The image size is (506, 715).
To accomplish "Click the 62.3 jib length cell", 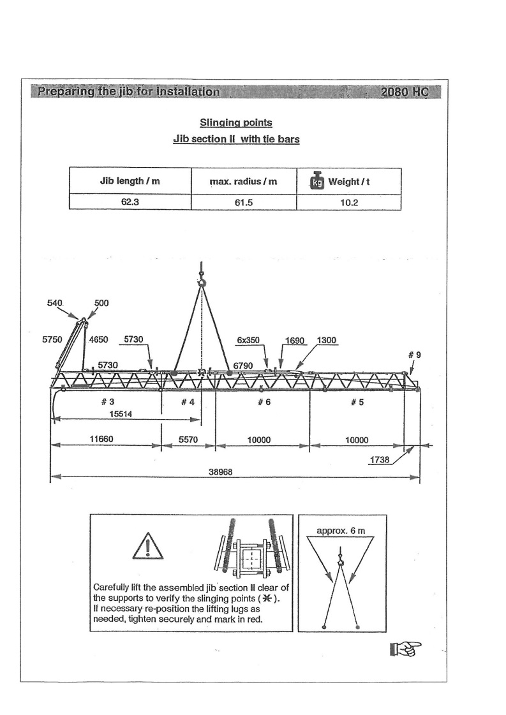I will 130,202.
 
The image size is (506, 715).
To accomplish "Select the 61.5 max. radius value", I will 244,202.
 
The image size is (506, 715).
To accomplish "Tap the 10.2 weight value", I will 348,202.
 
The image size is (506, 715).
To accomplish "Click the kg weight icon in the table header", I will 317,181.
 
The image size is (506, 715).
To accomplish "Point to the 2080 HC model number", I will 405,91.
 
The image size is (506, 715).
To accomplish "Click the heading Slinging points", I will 236,122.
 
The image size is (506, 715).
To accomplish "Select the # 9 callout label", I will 414,355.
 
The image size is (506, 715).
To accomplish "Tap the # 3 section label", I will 107,402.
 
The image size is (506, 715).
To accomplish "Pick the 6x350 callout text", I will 248,341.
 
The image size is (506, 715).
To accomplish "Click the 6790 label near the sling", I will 244,365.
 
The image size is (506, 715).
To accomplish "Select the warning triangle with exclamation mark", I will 147,545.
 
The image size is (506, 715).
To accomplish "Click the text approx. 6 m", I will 341,531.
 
